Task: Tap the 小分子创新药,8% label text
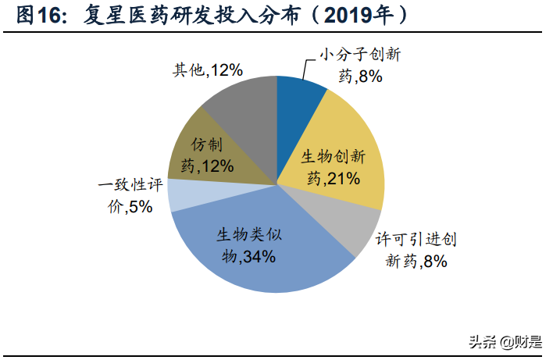[359, 66]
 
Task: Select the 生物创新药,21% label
[333, 167]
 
